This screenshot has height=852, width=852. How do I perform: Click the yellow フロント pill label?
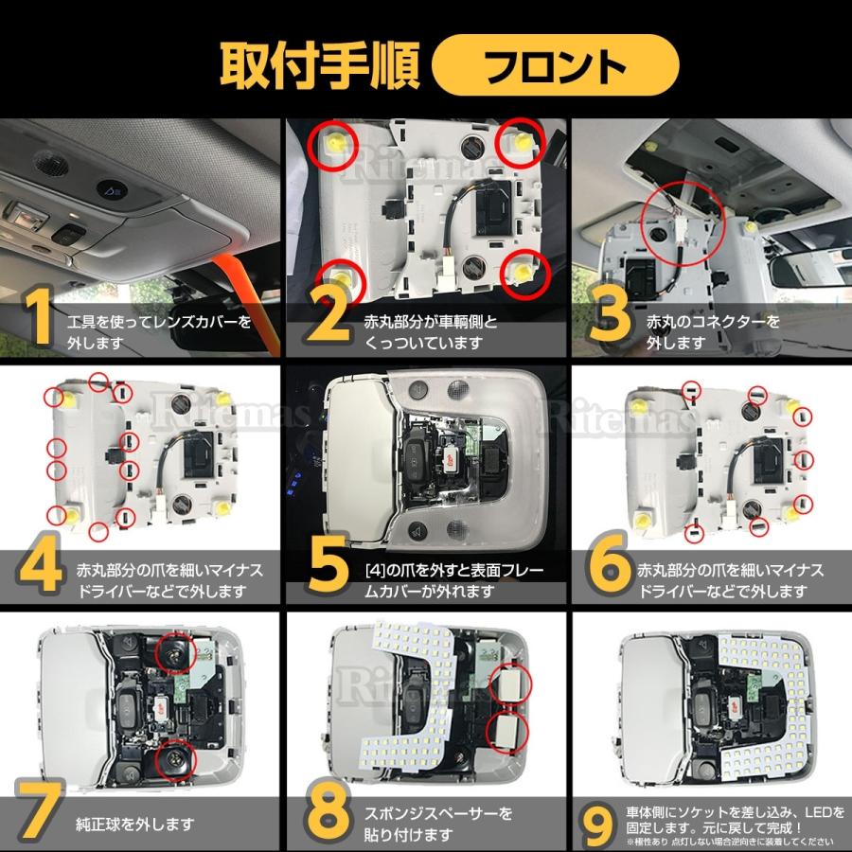point(556,65)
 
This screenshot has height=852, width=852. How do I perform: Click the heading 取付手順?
point(320,65)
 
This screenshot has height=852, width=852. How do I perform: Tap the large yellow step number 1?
point(38,317)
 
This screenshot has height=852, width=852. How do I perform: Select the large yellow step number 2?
point(330,317)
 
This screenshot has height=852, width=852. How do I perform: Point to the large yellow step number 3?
point(610,317)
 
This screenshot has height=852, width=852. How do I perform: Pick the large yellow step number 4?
point(40,565)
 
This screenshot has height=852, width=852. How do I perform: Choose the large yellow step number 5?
point(328,565)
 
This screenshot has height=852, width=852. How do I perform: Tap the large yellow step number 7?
point(38,812)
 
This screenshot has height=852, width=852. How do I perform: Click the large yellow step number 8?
point(328,812)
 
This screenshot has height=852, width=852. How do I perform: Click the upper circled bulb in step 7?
point(175,653)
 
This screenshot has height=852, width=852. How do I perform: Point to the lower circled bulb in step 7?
point(175,759)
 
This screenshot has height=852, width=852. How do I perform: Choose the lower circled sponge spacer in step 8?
point(506,731)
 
